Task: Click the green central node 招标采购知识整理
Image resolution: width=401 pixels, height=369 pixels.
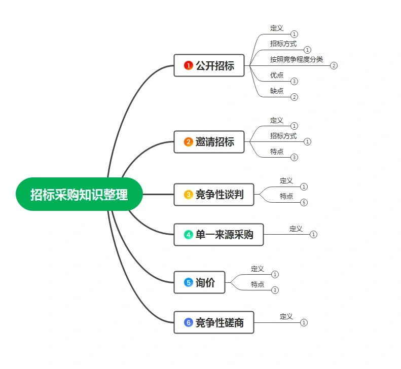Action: pos(79,194)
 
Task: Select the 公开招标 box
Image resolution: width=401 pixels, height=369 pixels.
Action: pos(209,65)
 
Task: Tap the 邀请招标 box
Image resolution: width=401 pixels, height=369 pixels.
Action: pos(209,142)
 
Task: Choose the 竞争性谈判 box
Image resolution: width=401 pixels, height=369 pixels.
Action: pos(213,195)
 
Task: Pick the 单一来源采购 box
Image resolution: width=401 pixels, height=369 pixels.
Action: pos(218,235)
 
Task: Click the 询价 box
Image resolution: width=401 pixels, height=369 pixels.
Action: pos(199,283)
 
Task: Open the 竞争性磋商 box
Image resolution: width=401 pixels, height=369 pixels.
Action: pos(213,322)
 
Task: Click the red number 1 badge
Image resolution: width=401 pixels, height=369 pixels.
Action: pos(188,65)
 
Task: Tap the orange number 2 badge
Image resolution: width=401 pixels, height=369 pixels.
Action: pos(188,142)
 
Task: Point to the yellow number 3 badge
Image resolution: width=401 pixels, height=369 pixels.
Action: pos(188,195)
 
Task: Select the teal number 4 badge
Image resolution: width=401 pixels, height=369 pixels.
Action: pos(188,235)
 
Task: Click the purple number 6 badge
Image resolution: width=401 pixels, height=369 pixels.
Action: pos(188,322)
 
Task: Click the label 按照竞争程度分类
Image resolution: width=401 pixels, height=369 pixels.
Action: pos(296,59)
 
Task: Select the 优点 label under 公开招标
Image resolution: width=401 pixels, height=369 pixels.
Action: pos(277,75)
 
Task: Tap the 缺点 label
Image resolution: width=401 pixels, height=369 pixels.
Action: pos(277,91)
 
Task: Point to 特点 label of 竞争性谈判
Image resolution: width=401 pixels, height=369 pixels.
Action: pos(286,196)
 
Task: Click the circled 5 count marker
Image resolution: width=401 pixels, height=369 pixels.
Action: pos(304,203)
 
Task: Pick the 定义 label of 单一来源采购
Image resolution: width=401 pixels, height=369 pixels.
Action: pos(296,229)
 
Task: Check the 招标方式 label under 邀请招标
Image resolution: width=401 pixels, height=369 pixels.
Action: pos(283,136)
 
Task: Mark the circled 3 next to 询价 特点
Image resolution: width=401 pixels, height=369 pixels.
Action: pos(275,290)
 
